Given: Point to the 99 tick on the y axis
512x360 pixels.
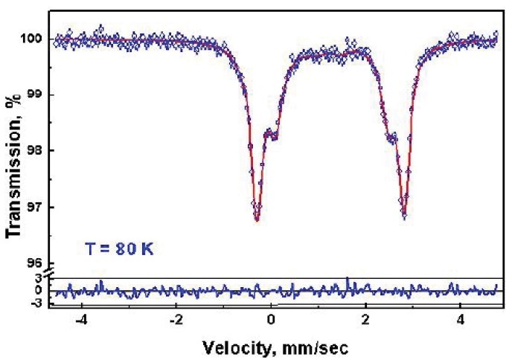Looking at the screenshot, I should point(37,94).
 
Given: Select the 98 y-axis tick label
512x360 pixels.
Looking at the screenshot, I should point(37,150).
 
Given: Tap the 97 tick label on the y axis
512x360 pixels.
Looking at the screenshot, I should point(37,206).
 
